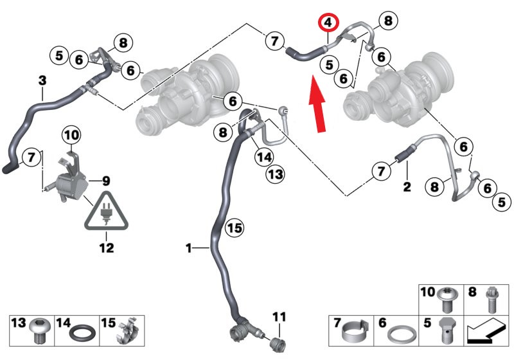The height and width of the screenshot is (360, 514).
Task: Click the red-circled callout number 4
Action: pos(328,23)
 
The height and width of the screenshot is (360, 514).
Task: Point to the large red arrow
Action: pos(317,104)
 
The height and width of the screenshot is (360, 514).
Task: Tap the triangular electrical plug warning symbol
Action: pos(107,210)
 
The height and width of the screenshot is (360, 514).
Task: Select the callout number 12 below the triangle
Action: pos(107,248)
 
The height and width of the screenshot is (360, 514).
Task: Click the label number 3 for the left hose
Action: pos(42,80)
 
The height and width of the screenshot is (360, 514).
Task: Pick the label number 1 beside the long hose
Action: pos(188,248)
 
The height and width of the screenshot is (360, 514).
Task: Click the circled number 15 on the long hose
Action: pos(235,228)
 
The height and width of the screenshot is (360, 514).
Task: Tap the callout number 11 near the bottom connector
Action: pos(279,317)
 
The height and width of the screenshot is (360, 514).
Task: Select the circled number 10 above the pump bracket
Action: pos(72,135)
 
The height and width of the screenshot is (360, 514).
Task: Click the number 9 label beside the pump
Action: pos(106,181)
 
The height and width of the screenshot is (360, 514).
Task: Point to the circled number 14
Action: pos(264,157)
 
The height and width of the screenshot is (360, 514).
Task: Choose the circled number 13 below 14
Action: pos(276,174)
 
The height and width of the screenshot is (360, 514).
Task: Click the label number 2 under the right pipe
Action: pos(407,186)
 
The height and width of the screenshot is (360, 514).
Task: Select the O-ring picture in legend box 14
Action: pos(84,334)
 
